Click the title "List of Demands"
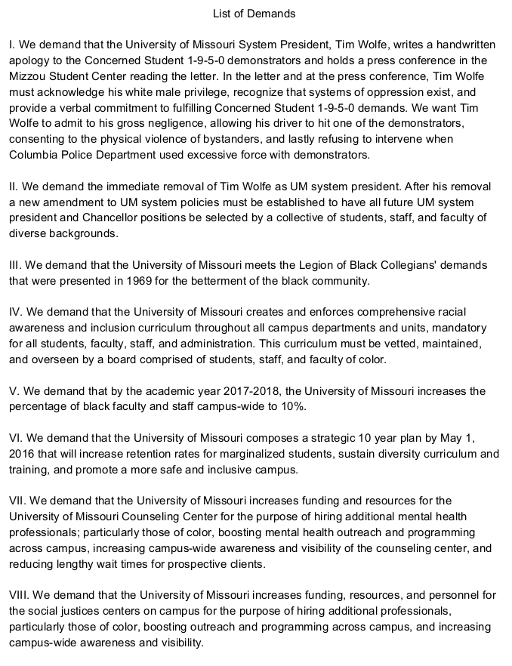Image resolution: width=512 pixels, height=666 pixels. click(x=255, y=14)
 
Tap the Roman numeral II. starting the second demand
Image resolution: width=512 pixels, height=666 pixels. click(x=14, y=187)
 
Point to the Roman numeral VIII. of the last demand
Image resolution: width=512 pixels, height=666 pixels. click(x=19, y=595)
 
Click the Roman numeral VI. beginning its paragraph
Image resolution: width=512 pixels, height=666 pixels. click(x=15, y=438)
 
